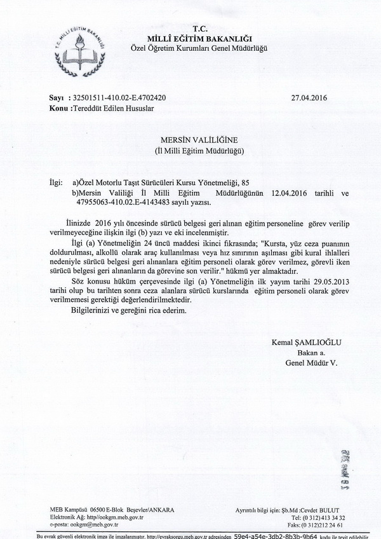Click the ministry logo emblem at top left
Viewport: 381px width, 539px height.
click(x=78, y=47)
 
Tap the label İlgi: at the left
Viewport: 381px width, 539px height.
click(x=58, y=182)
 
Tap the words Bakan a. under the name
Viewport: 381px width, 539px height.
click(x=311, y=352)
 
